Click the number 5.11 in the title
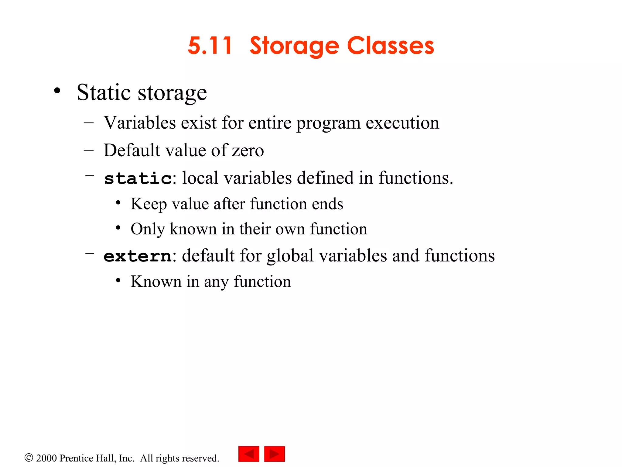pos(210,46)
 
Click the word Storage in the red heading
pos(294,46)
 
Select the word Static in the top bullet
pos(104,92)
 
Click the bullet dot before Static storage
pos(57,91)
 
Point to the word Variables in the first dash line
pos(140,123)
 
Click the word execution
pos(402,123)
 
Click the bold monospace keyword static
pos(138,178)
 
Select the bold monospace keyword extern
pos(137,256)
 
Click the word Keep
pos(149,204)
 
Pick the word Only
pos(148,229)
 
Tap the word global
pos(290,256)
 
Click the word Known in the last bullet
pos(156,282)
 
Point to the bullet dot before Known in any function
pos(118,281)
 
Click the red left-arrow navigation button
pos(249,454)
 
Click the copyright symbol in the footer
pos(29,458)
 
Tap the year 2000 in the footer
pos(46,458)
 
